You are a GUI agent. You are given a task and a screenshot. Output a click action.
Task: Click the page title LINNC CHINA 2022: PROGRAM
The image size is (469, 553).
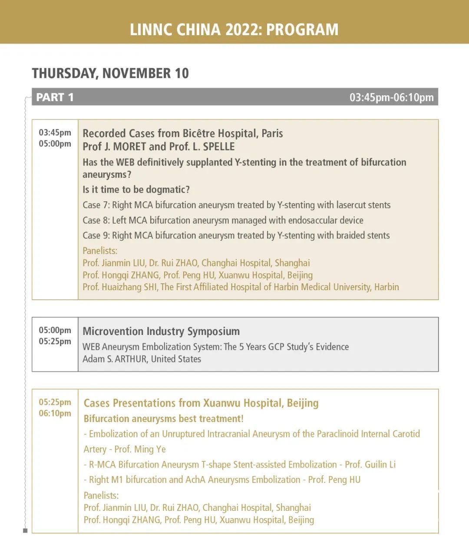234,29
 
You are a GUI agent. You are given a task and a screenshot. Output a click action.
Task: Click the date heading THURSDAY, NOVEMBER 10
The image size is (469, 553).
110,73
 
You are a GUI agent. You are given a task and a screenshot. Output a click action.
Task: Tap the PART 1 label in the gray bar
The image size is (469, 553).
55,97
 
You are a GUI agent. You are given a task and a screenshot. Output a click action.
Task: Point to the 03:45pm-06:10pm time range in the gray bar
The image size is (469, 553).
391,97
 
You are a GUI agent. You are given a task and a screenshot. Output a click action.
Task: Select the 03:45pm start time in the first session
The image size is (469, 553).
55,132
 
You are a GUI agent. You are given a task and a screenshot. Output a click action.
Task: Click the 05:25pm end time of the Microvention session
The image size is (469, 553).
55,341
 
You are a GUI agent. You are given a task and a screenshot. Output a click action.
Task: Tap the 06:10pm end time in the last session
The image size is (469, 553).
55,413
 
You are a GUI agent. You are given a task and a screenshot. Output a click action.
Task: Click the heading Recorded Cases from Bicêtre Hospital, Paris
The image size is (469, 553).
183,133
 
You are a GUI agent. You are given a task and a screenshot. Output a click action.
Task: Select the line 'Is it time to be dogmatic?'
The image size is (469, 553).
136,190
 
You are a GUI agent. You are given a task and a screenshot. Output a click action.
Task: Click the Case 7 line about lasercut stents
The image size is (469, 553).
237,205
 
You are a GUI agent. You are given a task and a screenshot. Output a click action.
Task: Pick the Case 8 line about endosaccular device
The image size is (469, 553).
223,220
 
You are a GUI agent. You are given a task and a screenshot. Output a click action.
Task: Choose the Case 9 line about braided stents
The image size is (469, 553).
236,235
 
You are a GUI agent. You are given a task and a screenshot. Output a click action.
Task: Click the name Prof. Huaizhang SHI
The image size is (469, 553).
120,287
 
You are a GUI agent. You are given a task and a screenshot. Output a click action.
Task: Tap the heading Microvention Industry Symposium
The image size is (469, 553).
161,331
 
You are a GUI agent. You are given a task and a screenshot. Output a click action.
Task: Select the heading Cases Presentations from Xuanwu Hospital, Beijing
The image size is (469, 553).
201,403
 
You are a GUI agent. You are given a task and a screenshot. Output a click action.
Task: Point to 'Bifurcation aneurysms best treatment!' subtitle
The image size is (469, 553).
164,419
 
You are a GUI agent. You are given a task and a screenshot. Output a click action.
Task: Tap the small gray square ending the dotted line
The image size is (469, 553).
25,530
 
